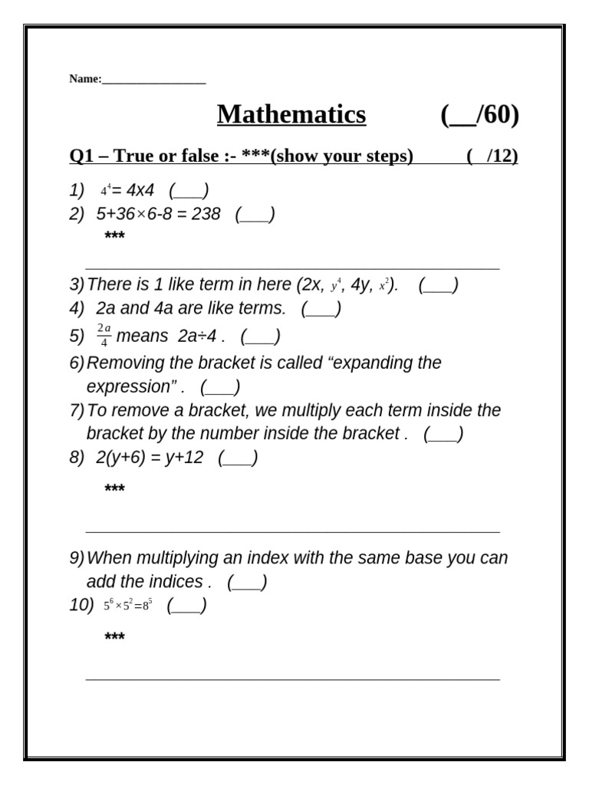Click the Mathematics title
pyautogui.click(x=291, y=115)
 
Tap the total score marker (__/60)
pyautogui.click(x=480, y=115)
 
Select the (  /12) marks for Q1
pyautogui.click(x=492, y=156)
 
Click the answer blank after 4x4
pyautogui.click(x=189, y=189)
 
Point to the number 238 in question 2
pyautogui.click(x=206, y=214)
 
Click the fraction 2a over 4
pyautogui.click(x=104, y=336)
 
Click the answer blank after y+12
pyautogui.click(x=238, y=458)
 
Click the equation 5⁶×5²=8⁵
pyautogui.click(x=128, y=606)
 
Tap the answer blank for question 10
pyautogui.click(x=186, y=606)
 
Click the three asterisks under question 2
pyautogui.click(x=114, y=235)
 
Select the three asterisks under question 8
pyautogui.click(x=114, y=488)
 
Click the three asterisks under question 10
pyautogui.click(x=114, y=636)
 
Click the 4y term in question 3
pyautogui.click(x=360, y=285)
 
